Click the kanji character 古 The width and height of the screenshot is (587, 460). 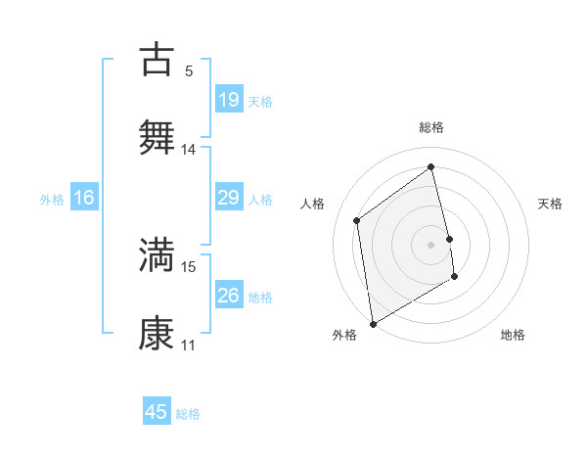(158, 58)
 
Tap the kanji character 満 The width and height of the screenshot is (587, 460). (158, 253)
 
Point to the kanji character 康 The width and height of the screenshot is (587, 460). (158, 332)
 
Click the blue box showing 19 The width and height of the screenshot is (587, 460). (228, 99)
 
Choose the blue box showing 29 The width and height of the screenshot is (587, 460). (228, 198)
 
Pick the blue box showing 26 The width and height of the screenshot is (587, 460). (228, 295)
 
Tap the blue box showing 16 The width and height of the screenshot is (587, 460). (84, 198)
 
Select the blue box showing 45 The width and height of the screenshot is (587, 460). (157, 412)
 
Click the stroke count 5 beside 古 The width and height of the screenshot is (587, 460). (188, 70)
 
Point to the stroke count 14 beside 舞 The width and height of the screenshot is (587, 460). (189, 149)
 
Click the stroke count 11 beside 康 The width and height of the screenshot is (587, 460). (189, 345)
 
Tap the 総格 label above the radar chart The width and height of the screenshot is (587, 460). (431, 127)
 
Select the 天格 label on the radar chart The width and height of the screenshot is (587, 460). (550, 204)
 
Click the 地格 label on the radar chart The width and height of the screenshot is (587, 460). (513, 335)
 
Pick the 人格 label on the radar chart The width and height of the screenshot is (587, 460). (313, 204)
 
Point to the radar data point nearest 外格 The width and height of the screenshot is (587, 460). (373, 323)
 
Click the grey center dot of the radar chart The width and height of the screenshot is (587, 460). (431, 244)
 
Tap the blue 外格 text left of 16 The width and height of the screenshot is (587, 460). (52, 199)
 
